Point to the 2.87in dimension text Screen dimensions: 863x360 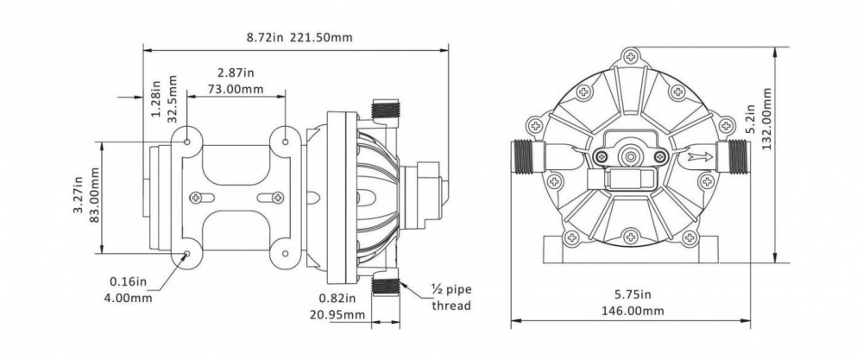click(236, 73)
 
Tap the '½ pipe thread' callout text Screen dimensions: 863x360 click(451, 298)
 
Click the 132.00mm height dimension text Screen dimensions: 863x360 click(768, 117)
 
